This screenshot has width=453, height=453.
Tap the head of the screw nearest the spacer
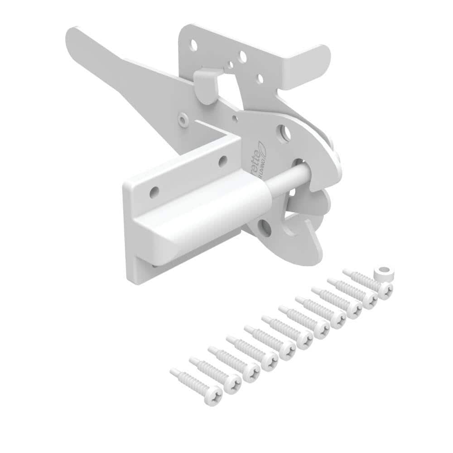[385, 290]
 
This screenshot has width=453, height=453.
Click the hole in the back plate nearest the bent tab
[260, 78]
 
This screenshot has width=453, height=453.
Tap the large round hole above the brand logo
[284, 132]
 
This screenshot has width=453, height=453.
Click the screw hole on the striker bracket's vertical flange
[154, 192]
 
